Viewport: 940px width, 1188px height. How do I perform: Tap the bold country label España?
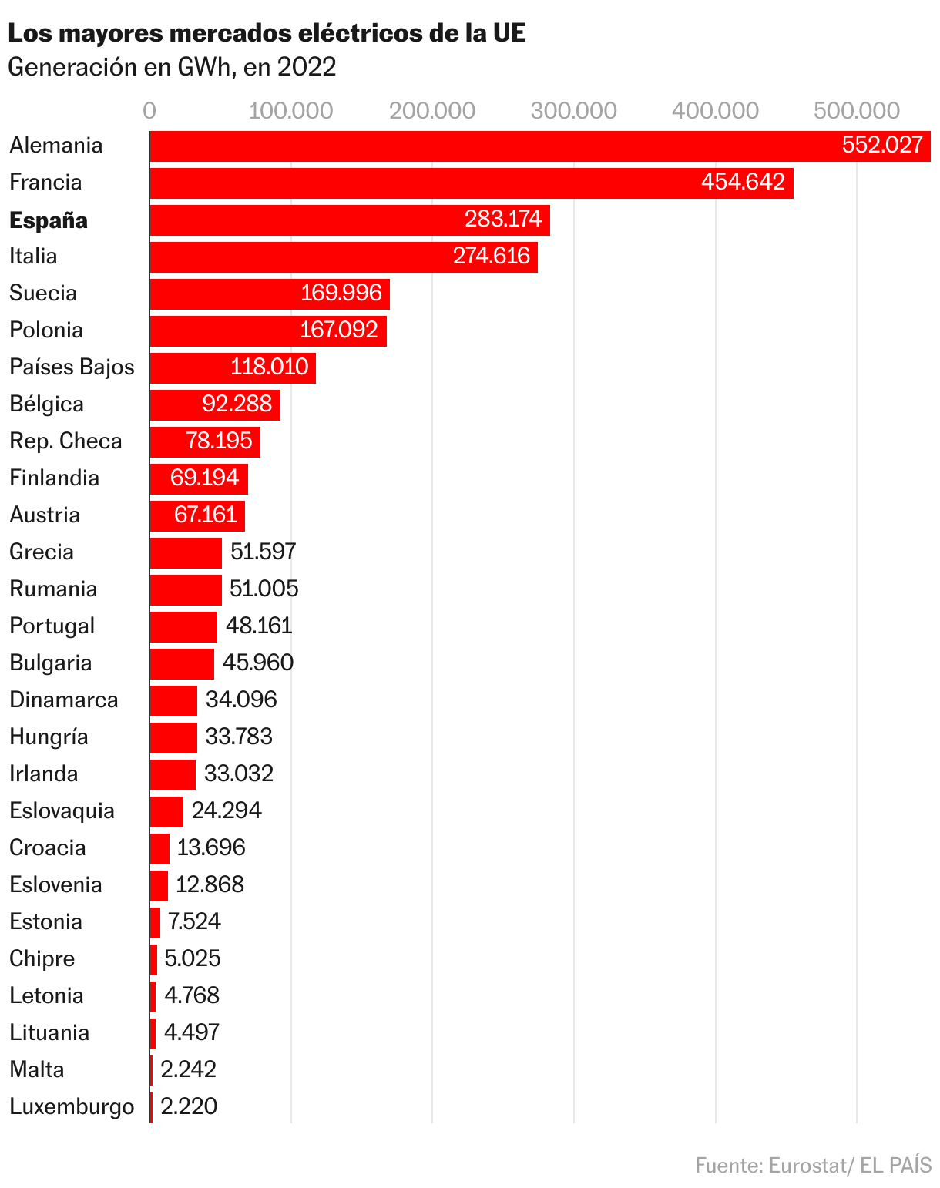point(49,220)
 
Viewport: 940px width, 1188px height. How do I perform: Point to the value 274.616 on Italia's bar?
point(492,256)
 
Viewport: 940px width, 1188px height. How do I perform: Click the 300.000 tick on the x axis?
point(574,111)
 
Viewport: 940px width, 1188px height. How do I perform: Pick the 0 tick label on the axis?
point(149,111)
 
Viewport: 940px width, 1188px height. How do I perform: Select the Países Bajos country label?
point(72,367)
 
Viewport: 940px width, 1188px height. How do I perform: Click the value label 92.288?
point(237,404)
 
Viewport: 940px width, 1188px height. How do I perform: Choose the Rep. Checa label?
point(65,441)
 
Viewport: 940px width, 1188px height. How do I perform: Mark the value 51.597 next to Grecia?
point(264,552)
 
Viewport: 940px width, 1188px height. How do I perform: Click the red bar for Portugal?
point(183,626)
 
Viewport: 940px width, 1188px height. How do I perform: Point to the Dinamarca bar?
point(173,700)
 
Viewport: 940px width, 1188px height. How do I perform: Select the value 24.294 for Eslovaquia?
point(227,810)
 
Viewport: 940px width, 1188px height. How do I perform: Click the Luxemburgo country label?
point(72,1107)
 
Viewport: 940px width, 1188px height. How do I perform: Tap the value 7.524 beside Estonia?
point(194,921)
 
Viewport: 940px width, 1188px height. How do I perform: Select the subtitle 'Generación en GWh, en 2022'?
point(172,68)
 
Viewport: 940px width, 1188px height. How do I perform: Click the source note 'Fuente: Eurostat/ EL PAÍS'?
point(813,1165)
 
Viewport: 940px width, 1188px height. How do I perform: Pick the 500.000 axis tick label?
point(857,111)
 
